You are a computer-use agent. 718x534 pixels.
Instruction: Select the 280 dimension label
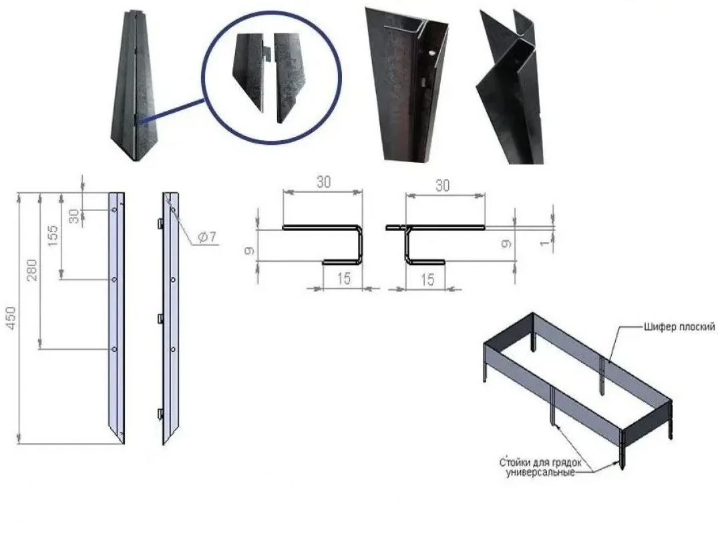31,270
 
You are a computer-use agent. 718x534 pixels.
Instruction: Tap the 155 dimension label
53,235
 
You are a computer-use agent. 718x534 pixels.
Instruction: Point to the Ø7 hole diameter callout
206,236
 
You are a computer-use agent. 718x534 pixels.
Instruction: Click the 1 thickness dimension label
544,242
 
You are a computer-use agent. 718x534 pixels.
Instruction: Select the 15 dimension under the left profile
343,278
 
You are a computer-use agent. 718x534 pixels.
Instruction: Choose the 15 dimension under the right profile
427,279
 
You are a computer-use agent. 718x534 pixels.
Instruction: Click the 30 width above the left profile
323,182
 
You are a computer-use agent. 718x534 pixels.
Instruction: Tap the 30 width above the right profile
442,186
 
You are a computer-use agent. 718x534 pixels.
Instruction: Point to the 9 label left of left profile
250,250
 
